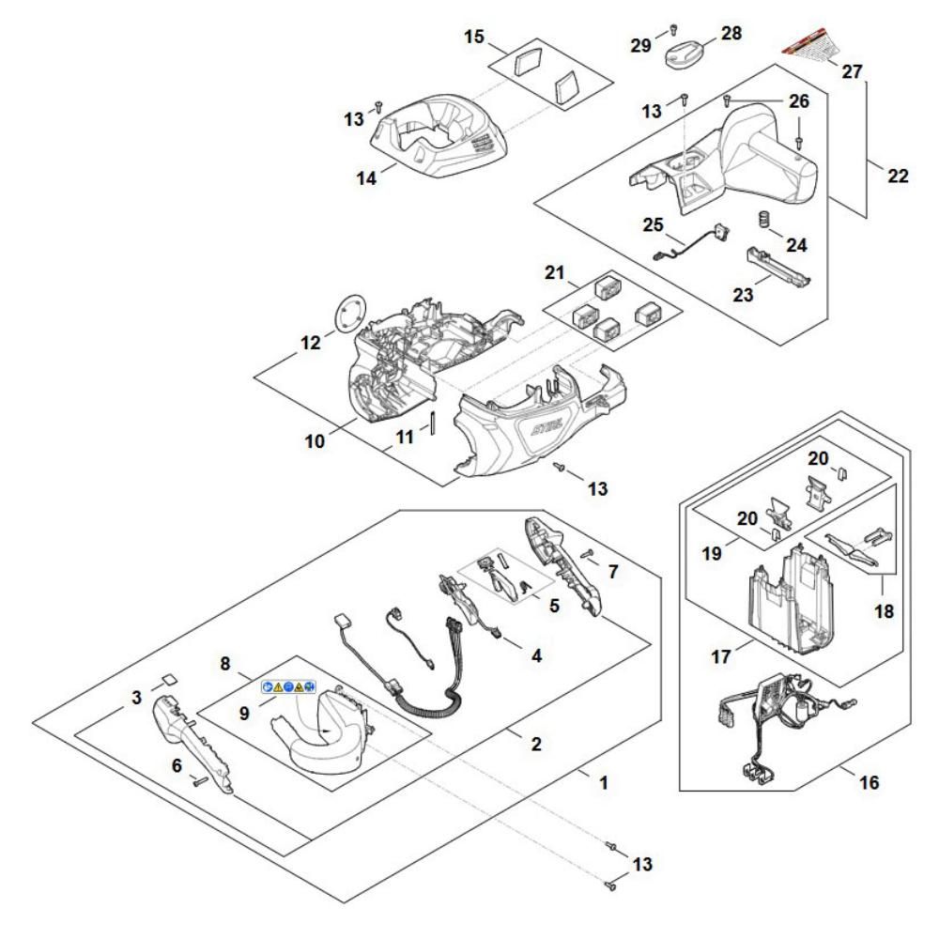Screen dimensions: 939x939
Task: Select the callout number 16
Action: (870, 781)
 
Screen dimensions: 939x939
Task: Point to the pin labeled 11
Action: (435, 421)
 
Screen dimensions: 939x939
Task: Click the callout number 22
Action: (898, 175)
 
